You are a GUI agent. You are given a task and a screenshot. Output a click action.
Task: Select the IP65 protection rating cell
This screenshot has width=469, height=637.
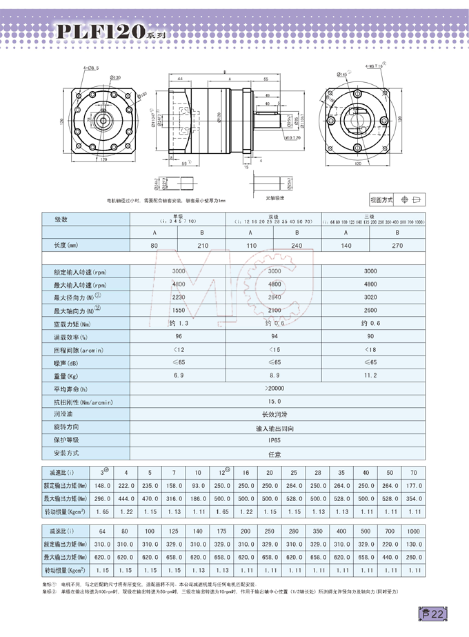[x=275, y=440]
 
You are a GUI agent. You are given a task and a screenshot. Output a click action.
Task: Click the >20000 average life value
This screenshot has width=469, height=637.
[x=275, y=389]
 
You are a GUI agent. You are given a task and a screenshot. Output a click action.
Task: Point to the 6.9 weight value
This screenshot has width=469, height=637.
[x=178, y=375]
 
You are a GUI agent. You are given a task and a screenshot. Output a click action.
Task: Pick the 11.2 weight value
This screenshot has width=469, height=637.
[x=370, y=375]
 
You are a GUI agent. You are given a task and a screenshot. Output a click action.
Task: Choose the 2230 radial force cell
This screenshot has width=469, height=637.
[x=178, y=297]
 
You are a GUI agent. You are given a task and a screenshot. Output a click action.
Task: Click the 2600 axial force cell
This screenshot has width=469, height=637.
[x=370, y=310]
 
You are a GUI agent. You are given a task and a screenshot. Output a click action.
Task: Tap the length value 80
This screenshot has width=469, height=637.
[x=154, y=245]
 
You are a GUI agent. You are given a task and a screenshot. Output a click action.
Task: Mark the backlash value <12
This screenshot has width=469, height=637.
[x=178, y=349]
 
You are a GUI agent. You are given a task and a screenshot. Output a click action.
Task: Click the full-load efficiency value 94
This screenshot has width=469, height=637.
[x=275, y=336]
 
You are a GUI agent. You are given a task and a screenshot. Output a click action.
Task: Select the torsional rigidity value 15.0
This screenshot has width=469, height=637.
[x=275, y=402]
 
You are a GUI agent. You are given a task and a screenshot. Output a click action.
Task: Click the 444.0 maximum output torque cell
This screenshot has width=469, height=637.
[x=126, y=499]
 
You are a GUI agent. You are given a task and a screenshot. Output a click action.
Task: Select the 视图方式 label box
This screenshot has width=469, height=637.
[x=381, y=199]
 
